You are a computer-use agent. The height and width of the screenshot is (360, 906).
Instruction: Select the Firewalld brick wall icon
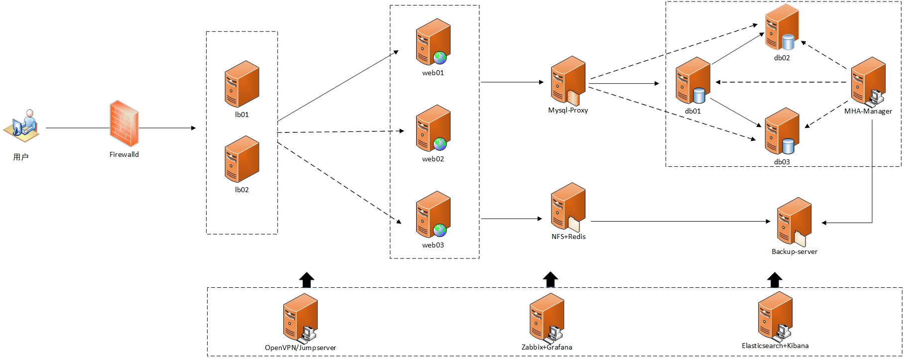[x=124, y=123]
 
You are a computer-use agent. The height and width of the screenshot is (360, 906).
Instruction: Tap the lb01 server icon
[x=242, y=84]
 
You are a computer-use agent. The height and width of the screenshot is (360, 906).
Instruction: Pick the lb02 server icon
[x=242, y=159]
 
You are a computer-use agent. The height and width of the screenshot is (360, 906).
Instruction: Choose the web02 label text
[x=433, y=159]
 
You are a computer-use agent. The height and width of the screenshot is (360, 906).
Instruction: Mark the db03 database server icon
[x=782, y=131]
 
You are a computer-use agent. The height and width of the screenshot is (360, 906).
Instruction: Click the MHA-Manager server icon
[x=868, y=81]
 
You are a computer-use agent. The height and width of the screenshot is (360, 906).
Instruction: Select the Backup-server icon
[x=794, y=222]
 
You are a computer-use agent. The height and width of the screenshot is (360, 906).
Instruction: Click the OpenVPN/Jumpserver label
[x=300, y=348]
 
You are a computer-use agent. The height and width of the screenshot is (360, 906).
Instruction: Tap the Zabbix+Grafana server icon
[x=547, y=317]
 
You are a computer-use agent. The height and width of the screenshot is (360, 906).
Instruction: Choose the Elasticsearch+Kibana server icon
[x=775, y=316]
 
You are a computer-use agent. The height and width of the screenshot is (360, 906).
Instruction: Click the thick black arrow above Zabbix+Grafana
[x=550, y=280]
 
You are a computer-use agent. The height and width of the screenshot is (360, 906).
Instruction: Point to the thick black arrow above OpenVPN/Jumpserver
[x=307, y=280]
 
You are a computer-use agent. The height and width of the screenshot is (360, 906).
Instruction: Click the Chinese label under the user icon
[x=21, y=157]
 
